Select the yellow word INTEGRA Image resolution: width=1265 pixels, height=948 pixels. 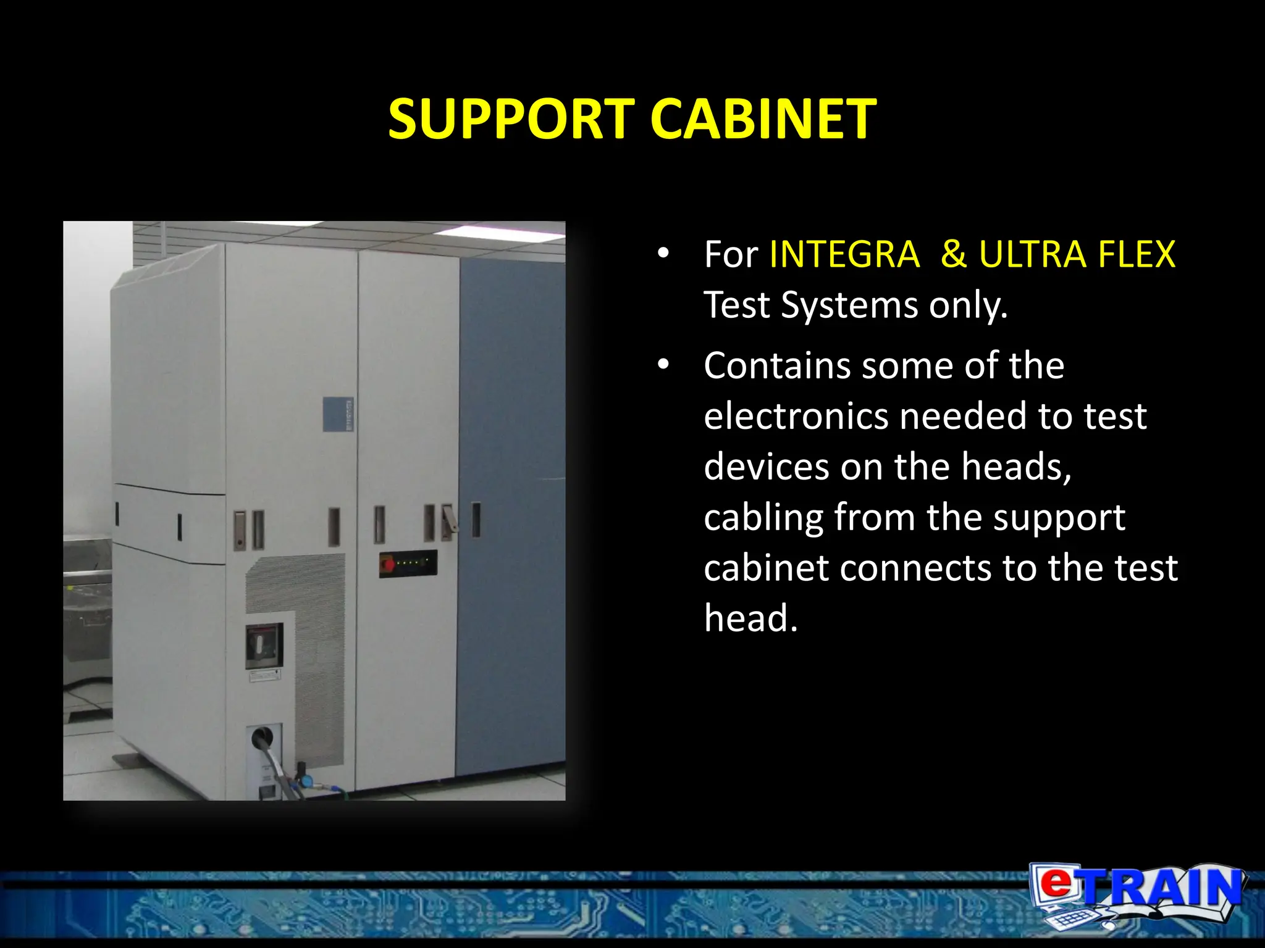844,254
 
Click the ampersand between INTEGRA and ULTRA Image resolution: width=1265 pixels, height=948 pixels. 953,254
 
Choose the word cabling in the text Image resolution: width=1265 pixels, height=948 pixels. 763,517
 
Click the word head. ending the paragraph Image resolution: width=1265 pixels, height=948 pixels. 750,618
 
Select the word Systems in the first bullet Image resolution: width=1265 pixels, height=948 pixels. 849,305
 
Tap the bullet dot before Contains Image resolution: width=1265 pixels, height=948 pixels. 663,365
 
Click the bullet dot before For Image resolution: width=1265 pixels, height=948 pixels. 663,253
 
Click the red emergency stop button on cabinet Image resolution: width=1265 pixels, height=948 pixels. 390,564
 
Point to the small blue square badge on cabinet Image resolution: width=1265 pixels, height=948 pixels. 338,414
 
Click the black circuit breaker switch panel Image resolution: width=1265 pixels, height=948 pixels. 264,645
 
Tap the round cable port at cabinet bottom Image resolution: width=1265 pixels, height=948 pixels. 263,737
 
